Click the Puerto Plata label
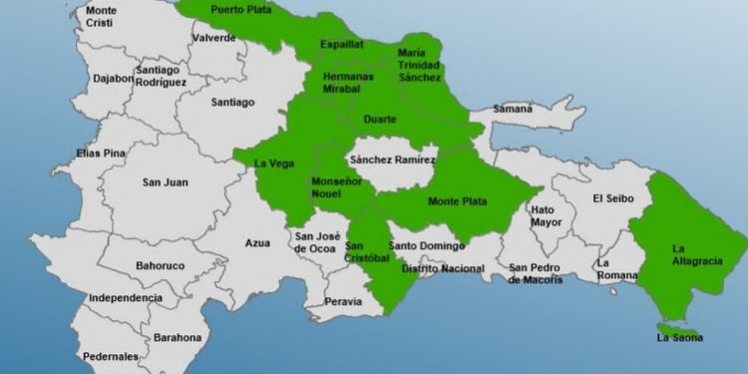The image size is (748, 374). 240,10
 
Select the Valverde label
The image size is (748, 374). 214,38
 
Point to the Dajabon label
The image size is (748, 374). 114,79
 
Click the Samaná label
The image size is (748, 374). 513,109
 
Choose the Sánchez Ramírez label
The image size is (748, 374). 392,160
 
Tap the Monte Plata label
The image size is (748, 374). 457,201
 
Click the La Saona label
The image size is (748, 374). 679,338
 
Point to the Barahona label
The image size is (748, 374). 178,338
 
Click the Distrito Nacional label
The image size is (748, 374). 443,268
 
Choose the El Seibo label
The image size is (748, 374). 612,198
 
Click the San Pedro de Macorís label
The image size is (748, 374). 536,274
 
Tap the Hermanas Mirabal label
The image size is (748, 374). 349,82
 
